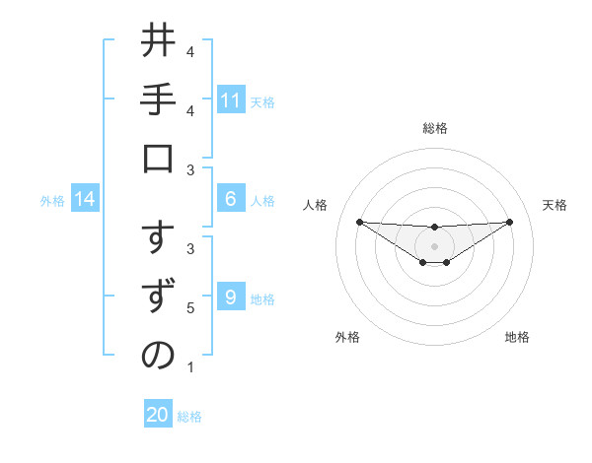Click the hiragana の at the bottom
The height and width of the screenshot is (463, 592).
[x=158, y=357]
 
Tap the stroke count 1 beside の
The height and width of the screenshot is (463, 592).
[x=190, y=368]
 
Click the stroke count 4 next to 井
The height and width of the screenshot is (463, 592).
[x=190, y=51]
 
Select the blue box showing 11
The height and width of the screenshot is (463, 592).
[x=231, y=100]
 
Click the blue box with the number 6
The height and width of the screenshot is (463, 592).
[x=231, y=199]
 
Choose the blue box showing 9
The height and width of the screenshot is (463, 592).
[x=231, y=298]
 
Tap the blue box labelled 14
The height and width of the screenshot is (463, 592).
[x=85, y=200]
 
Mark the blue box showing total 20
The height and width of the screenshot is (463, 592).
[x=158, y=415]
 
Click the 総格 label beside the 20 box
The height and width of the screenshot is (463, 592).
[x=189, y=417]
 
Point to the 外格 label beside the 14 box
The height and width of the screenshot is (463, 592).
[x=52, y=201]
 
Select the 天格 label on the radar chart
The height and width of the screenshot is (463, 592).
[x=555, y=205]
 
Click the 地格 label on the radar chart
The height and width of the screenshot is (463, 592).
[x=517, y=337]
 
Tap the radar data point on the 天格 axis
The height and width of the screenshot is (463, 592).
[x=510, y=222]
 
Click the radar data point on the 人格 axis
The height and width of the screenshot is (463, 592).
[x=359, y=222]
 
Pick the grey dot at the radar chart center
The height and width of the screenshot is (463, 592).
[x=434, y=245]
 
